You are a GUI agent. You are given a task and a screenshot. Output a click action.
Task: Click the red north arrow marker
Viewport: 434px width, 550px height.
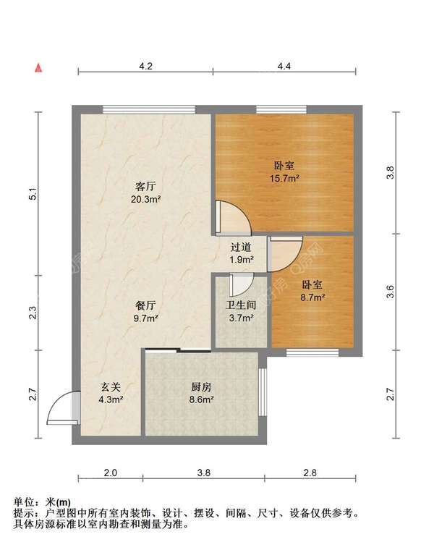(x=38, y=68)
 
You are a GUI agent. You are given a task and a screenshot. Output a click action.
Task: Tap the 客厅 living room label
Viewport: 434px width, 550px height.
(x=145, y=186)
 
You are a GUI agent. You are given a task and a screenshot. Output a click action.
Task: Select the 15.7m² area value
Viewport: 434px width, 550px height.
(x=284, y=178)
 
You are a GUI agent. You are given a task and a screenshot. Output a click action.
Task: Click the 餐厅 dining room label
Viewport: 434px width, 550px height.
(x=145, y=305)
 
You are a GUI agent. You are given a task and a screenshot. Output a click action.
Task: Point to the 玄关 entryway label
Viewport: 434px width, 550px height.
(x=111, y=387)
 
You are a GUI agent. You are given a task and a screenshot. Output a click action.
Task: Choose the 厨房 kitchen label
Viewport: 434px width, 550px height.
(x=201, y=387)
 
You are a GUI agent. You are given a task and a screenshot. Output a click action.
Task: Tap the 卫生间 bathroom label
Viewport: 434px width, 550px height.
(x=241, y=305)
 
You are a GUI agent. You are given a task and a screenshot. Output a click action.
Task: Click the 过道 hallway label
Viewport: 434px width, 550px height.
(x=241, y=247)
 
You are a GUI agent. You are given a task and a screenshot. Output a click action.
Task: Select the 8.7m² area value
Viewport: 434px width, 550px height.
(x=312, y=297)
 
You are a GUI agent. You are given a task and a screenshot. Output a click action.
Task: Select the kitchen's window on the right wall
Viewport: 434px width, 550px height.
(x=263, y=392)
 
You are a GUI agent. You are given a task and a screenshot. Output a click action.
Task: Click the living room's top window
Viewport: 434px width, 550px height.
(x=148, y=109)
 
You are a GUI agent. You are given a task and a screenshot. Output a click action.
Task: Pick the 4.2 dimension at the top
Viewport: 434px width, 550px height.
(x=145, y=67)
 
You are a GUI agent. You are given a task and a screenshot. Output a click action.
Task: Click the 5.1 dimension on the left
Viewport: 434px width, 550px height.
(x=33, y=194)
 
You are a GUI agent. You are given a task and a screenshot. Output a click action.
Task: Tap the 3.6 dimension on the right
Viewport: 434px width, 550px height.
(x=390, y=292)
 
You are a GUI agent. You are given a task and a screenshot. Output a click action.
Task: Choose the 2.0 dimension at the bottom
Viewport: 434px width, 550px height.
(x=111, y=473)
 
